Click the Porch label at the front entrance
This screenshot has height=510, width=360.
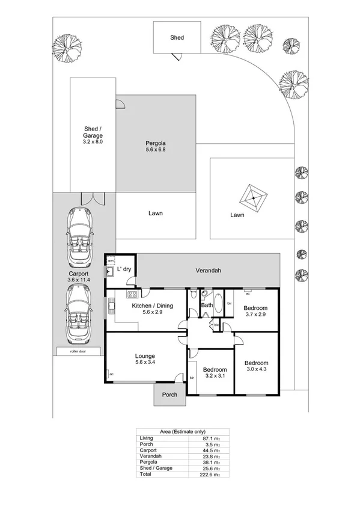pyautogui.click(x=169, y=395)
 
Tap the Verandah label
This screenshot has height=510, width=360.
pyautogui.click(x=208, y=271)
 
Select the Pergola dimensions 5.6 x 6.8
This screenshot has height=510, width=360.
pyautogui.click(x=155, y=150)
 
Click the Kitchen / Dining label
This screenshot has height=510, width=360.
pyautogui.click(x=153, y=306)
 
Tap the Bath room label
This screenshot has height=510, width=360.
pyautogui.click(x=206, y=306)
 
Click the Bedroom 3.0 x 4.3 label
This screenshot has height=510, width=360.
pyautogui.click(x=256, y=363)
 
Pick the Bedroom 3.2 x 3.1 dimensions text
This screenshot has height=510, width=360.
pyautogui.click(x=214, y=376)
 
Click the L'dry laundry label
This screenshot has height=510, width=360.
pyautogui.click(x=124, y=269)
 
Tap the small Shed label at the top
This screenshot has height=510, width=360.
pyautogui.click(x=177, y=37)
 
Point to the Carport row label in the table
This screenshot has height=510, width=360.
pyautogui.click(x=148, y=450)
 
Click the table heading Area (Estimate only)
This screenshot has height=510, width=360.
pyautogui.click(x=180, y=431)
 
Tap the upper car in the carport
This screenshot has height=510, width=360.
pyautogui.click(x=79, y=238)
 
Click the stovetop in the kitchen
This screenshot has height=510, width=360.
pyautogui.click(x=132, y=294)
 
